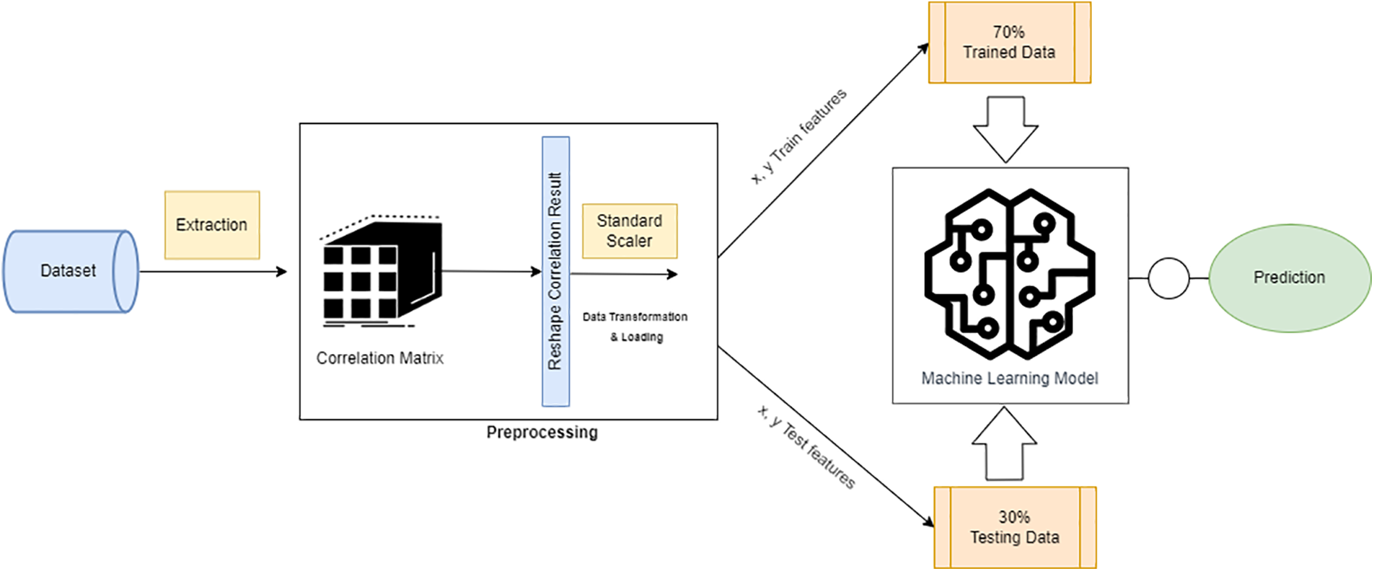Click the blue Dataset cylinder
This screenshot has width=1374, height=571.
[x=69, y=271]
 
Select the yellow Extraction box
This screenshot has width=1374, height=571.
[x=211, y=225]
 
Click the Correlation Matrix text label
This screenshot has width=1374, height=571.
[x=379, y=358]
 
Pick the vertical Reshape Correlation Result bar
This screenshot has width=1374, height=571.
[x=555, y=271]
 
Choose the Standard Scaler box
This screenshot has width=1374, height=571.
[x=629, y=231]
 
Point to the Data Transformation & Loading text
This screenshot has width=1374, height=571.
[x=635, y=327]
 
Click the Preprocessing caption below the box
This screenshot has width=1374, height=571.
[x=542, y=433]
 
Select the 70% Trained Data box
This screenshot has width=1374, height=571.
[x=1009, y=43]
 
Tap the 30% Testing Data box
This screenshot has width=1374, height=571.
[x=1014, y=527]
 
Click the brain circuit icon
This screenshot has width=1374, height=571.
[x=1009, y=273]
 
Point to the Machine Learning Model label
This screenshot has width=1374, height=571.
[x=1009, y=379]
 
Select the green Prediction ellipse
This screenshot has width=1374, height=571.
[x=1289, y=278]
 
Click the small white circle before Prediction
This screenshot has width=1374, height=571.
[x=1168, y=278]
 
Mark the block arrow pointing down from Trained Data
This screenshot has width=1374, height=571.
[x=1005, y=130]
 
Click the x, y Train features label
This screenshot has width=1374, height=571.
[x=798, y=136]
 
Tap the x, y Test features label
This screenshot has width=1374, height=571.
[x=806, y=447]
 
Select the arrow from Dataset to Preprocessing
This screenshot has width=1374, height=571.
[x=213, y=272]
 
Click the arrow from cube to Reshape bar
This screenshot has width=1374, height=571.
[x=491, y=272]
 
